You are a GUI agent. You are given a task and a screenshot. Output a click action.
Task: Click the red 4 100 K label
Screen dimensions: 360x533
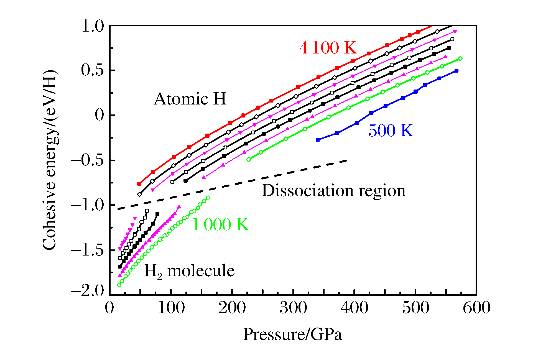coord(328,48)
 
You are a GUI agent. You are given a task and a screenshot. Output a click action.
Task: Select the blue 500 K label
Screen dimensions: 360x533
coord(391,131)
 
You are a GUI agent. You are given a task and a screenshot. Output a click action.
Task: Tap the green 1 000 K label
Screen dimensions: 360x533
coord(220,224)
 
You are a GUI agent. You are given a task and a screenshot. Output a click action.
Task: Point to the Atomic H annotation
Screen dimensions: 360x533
coord(190,99)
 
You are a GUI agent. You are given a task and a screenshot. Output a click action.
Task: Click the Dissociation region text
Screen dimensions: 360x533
coord(333,191)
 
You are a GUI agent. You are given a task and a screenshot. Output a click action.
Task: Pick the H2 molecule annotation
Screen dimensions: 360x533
coord(189,271)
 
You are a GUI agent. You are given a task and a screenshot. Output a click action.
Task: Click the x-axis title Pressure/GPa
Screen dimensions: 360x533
coord(292,334)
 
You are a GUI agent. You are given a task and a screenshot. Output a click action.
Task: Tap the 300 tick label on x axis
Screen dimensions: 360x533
coord(293,308)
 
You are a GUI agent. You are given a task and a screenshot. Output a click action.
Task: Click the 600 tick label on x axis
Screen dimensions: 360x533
coord(476,308)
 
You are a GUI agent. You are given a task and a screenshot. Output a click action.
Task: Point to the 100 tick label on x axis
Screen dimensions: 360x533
coord(171,308)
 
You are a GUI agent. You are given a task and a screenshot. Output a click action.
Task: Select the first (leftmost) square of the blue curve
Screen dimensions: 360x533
coord(318,140)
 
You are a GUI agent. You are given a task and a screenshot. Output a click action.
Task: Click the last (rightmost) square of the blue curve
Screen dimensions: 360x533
coord(457,71)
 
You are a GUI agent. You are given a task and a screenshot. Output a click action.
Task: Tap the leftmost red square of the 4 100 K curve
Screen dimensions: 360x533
coord(139,184)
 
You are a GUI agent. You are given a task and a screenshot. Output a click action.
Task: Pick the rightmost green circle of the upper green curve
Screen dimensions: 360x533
coord(460,58)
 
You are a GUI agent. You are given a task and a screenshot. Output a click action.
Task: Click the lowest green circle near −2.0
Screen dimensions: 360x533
coord(119,285)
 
